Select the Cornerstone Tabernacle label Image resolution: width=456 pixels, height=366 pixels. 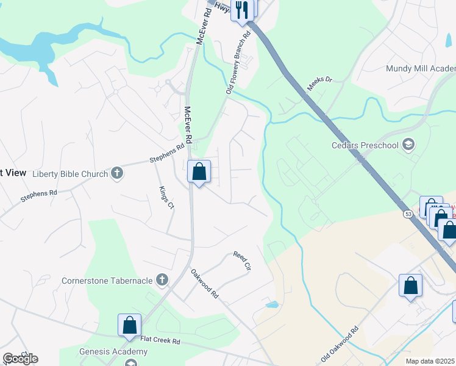tap(107, 281)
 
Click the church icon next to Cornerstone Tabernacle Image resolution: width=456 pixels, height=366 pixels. tap(162, 280)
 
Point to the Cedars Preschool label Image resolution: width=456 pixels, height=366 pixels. tap(365, 145)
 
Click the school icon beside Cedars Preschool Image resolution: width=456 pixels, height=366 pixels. tap(408, 145)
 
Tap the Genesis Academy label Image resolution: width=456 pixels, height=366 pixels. tap(113, 351)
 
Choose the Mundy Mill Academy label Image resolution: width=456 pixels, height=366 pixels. tap(421, 68)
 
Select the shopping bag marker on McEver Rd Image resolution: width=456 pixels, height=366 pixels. tap(199, 172)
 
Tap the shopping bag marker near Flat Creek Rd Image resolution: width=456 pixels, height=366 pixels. tap(130, 326)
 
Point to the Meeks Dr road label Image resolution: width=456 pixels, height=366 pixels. tap(319, 84)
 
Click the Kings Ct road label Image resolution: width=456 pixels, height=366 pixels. tap(166, 198)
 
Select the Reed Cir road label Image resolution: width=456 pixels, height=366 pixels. tap(242, 260)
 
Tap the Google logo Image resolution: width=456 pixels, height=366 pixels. tap(20, 359)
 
